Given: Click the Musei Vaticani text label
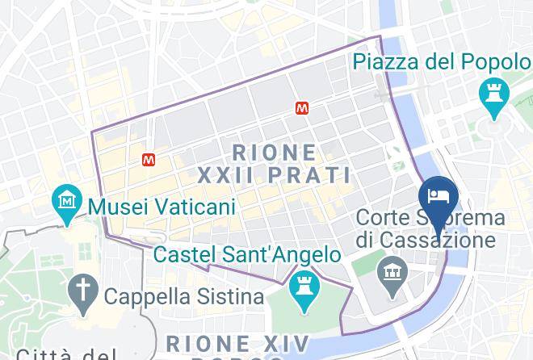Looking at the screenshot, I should (162, 206).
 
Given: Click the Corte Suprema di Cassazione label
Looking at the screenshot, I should (431, 228).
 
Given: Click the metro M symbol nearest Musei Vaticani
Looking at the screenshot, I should (149, 160).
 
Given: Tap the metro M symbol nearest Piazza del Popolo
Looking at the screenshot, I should (302, 107).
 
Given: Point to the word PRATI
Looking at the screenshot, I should (311, 175).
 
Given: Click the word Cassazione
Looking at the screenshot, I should (439, 240).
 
